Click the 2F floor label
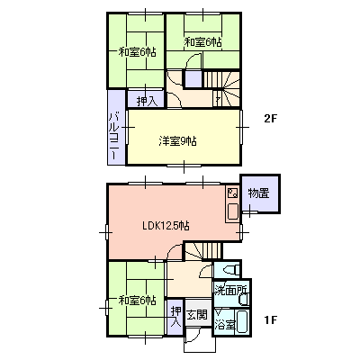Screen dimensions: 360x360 (x=270, y=120)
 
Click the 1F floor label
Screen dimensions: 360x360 (x=271, y=320)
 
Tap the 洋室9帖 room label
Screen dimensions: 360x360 (x=177, y=141)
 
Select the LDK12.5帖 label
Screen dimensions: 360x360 (x=166, y=226)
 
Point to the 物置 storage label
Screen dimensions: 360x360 (x=258, y=193)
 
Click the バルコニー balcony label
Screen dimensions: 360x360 (x=114, y=136)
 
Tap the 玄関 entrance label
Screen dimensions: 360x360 (x=197, y=315)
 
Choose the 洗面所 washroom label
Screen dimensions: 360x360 (x=230, y=291)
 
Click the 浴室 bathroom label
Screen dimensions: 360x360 (x=224, y=325)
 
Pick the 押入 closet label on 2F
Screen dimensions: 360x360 (x=147, y=102)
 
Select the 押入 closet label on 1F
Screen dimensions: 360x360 (x=175, y=317)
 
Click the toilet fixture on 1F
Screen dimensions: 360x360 (x=231, y=270)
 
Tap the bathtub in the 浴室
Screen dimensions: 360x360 (x=242, y=322)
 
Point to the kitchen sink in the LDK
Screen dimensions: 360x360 (x=233, y=211)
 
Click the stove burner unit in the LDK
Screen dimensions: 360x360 (x=232, y=193)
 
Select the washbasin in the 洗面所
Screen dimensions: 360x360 (x=245, y=299)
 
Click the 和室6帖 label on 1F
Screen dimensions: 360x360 (x=137, y=300)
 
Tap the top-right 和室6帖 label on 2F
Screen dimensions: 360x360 (x=202, y=42)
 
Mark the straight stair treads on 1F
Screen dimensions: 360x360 (x=212, y=250)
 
